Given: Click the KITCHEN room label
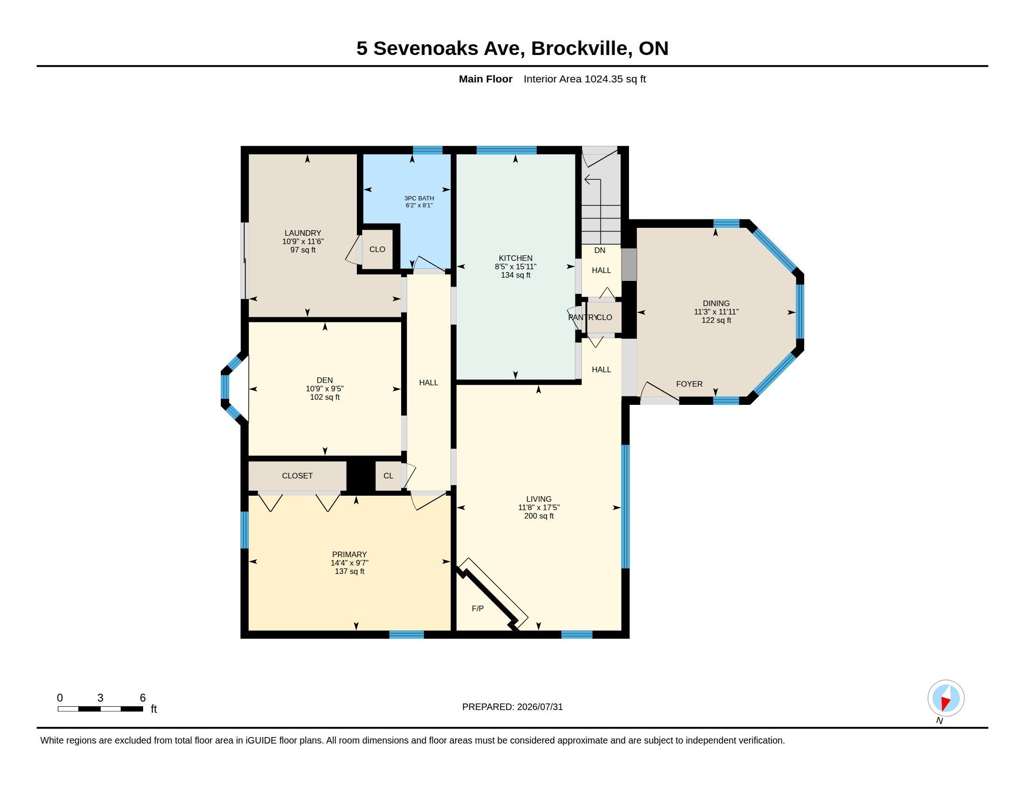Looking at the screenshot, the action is click(515, 258).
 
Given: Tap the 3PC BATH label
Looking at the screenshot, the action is click(419, 198).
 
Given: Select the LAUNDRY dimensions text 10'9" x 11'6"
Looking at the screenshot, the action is click(303, 241).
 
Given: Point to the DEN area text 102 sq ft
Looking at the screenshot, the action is click(325, 397).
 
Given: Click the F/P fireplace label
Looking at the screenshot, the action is click(478, 608).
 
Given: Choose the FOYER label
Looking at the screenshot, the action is click(689, 384).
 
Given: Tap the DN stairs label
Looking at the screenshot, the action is click(600, 250).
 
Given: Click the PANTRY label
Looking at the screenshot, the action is click(582, 317).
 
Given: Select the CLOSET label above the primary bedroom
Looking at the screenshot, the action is click(297, 476).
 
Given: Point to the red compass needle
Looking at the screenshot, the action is click(945, 703).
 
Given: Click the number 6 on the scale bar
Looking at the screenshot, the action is click(143, 698).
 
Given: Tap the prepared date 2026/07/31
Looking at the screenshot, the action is click(540, 707).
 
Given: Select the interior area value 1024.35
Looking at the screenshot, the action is click(603, 79).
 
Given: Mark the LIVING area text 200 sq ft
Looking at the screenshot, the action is click(539, 516).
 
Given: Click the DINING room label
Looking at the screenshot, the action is click(716, 303).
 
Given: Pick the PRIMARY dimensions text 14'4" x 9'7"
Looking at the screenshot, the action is click(349, 563).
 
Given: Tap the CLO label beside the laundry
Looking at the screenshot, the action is click(377, 249).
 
